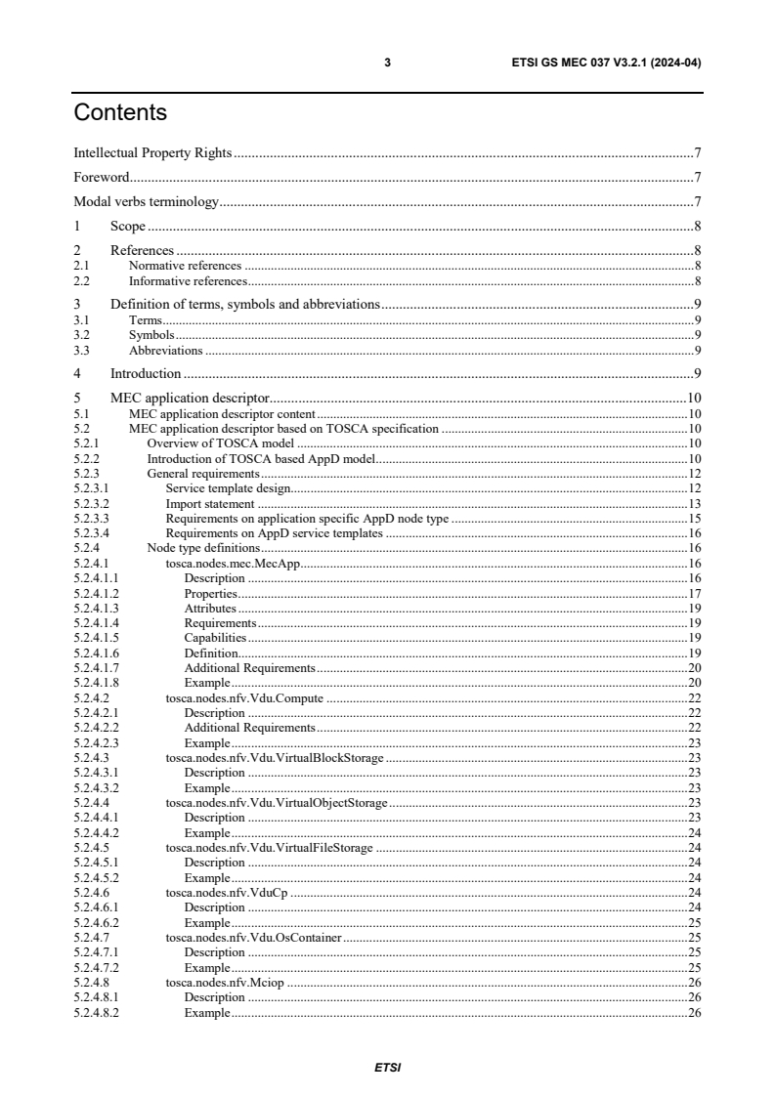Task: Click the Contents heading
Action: point(120,113)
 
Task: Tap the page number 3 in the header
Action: point(388,63)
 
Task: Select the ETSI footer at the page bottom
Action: point(388,1067)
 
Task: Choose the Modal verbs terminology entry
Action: point(146,202)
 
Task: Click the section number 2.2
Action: point(82,280)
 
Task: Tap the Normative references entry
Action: point(185,266)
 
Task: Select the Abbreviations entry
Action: point(166,350)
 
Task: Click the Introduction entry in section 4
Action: point(146,373)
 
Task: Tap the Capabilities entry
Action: point(215,637)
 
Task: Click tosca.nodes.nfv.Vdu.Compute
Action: point(244,697)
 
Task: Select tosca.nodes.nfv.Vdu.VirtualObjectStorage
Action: point(277,802)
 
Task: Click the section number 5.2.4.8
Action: point(87,983)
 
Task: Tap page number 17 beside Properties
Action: point(695,593)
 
